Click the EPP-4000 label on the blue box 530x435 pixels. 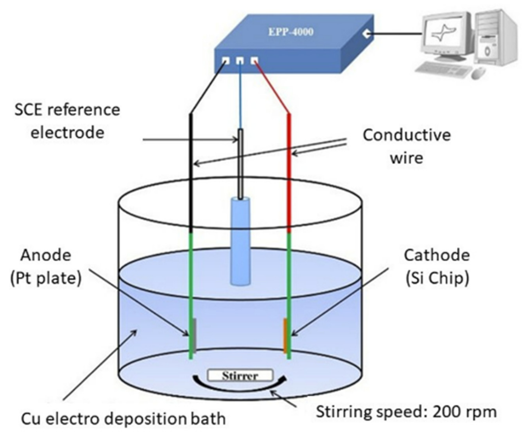pos(291,32)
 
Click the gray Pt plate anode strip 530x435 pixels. pos(194,335)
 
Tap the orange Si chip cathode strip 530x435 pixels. pos(285,335)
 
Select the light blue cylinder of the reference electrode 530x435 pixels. pos(240,240)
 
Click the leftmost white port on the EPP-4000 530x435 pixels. pos(226,61)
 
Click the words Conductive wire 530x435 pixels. pos(407,147)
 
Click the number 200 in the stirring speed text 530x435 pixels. pos(448,412)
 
